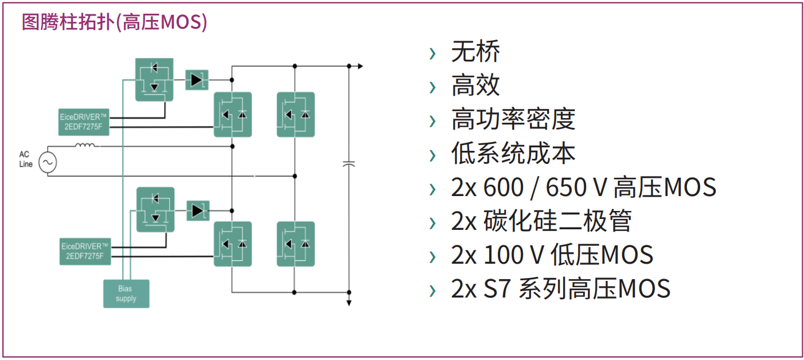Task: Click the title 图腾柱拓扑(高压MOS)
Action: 114,22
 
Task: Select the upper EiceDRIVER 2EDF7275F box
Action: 83,122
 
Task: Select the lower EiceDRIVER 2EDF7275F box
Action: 84,251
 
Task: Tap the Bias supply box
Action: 126,294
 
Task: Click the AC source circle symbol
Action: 48,163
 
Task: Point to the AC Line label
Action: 26,159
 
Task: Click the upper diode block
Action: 197,80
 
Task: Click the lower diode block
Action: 198,210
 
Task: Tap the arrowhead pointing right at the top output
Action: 360,66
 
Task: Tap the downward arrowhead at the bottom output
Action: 349,303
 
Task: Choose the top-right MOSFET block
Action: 296,114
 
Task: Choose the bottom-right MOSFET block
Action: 296,244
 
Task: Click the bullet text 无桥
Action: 475,52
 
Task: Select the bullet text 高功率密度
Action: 513,120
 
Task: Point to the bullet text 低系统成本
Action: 513,154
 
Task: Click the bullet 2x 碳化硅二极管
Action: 541,221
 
